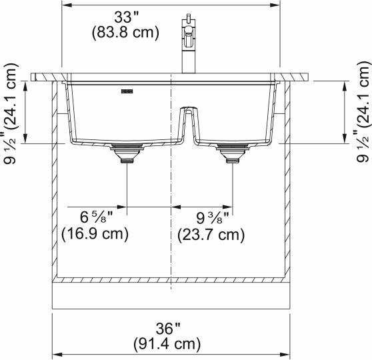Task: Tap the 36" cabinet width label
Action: coord(168,329)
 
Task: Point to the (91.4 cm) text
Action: coord(168,344)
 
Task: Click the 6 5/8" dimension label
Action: coord(96,218)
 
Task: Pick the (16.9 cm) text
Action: coord(95,234)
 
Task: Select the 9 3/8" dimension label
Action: coord(213,218)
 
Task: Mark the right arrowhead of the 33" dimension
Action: coord(276,5)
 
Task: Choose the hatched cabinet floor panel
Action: coord(171,281)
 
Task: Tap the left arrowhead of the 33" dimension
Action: coord(65,5)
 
